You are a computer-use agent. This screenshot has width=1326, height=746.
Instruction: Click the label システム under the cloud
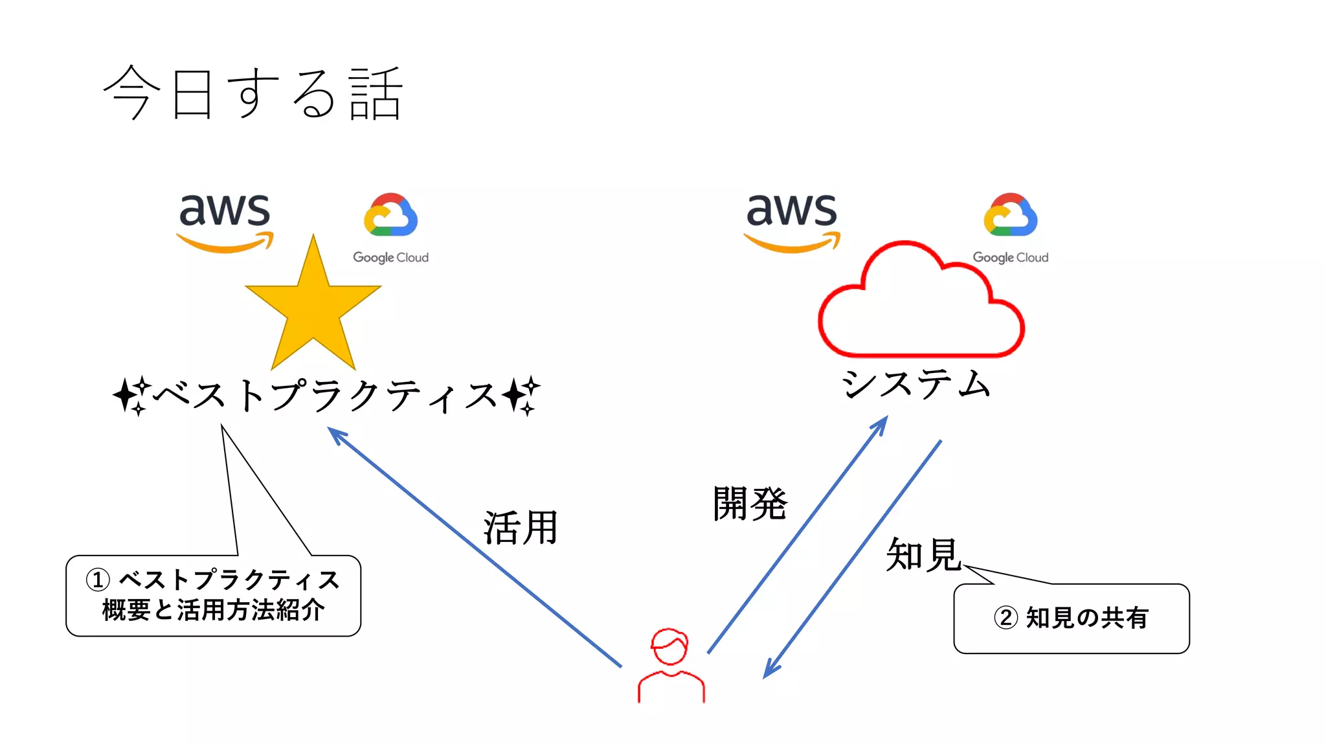pos(916,383)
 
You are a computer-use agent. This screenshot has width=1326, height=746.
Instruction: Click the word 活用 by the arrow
pos(521,528)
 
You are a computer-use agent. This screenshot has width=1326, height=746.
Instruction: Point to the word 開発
pos(750,503)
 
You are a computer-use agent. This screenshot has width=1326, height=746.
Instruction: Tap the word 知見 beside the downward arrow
pos(923,554)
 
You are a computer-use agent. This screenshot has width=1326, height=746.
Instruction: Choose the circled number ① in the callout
pos(98,580)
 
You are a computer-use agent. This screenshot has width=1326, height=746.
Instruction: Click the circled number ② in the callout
pos(1006,618)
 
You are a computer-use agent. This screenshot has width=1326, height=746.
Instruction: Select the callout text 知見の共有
pos(1087,618)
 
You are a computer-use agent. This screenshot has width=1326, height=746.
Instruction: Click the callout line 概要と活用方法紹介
pos(213,610)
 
